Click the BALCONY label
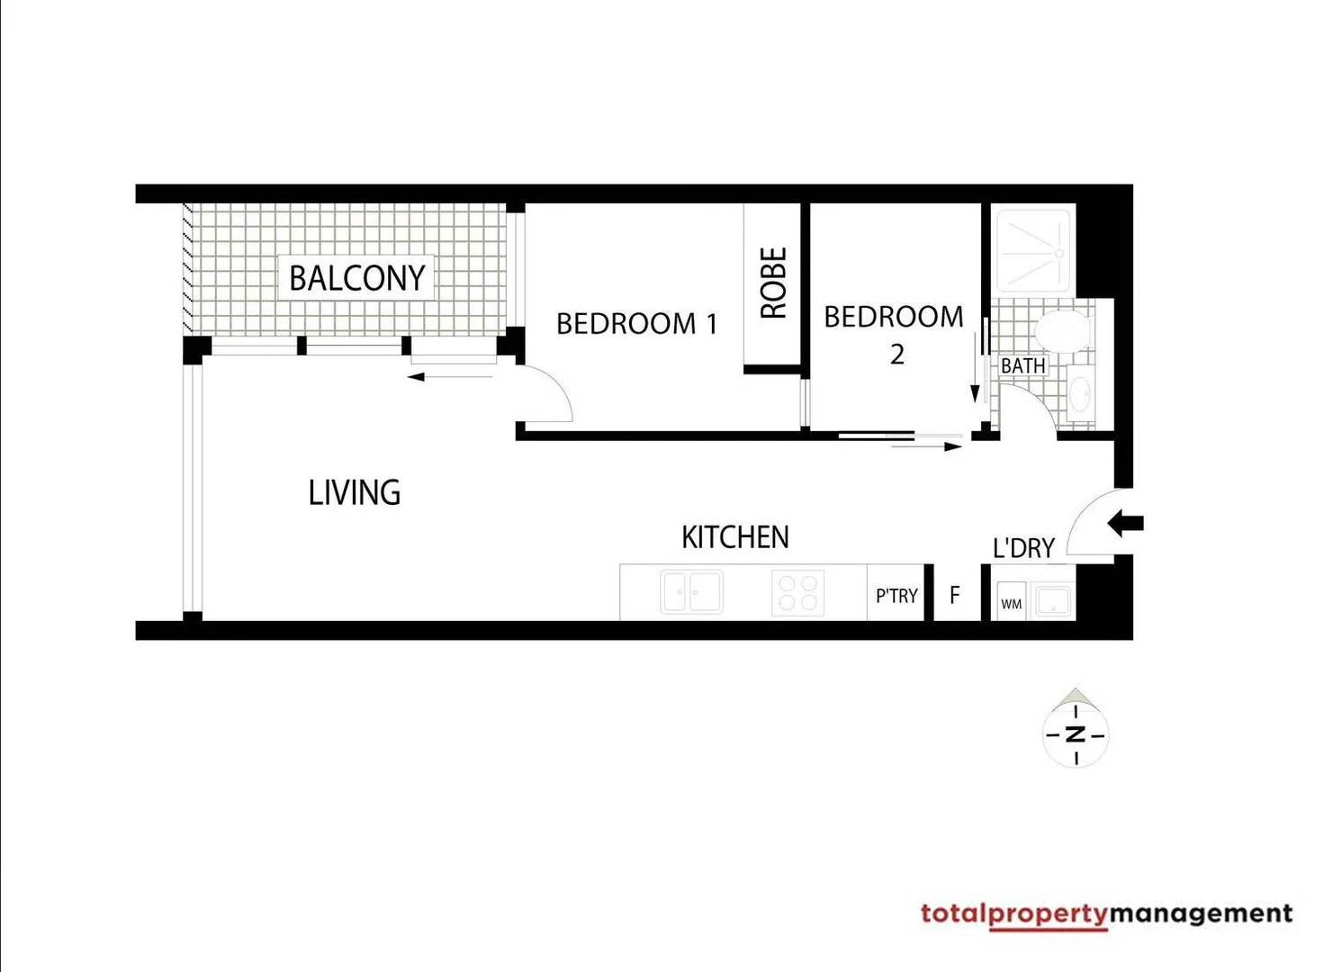pos(356,277)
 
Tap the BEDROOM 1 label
pos(636,323)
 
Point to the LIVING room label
pos(354,492)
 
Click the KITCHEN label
pos(734,537)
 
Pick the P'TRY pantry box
pos(896,595)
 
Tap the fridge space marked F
pos(955,595)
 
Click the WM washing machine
pos(1011,603)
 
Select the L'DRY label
pos(1023,548)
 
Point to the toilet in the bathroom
pos(1062,330)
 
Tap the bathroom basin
pos(1081,394)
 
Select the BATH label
pos(1023,365)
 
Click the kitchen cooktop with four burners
pos(797,593)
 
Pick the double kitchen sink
pos(691,592)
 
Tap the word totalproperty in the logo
pos(1013,914)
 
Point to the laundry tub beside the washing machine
pos(1052,600)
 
